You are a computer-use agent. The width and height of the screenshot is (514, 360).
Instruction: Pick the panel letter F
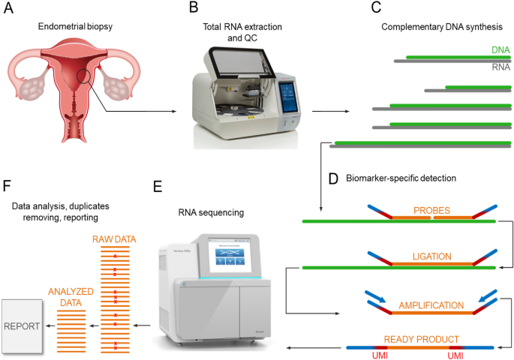[x=8, y=184]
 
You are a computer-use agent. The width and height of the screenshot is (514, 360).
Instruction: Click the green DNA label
[x=500, y=49]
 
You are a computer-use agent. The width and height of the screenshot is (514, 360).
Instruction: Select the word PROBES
[x=429, y=211]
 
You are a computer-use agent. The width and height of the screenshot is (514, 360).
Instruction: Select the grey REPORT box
[x=21, y=327]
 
